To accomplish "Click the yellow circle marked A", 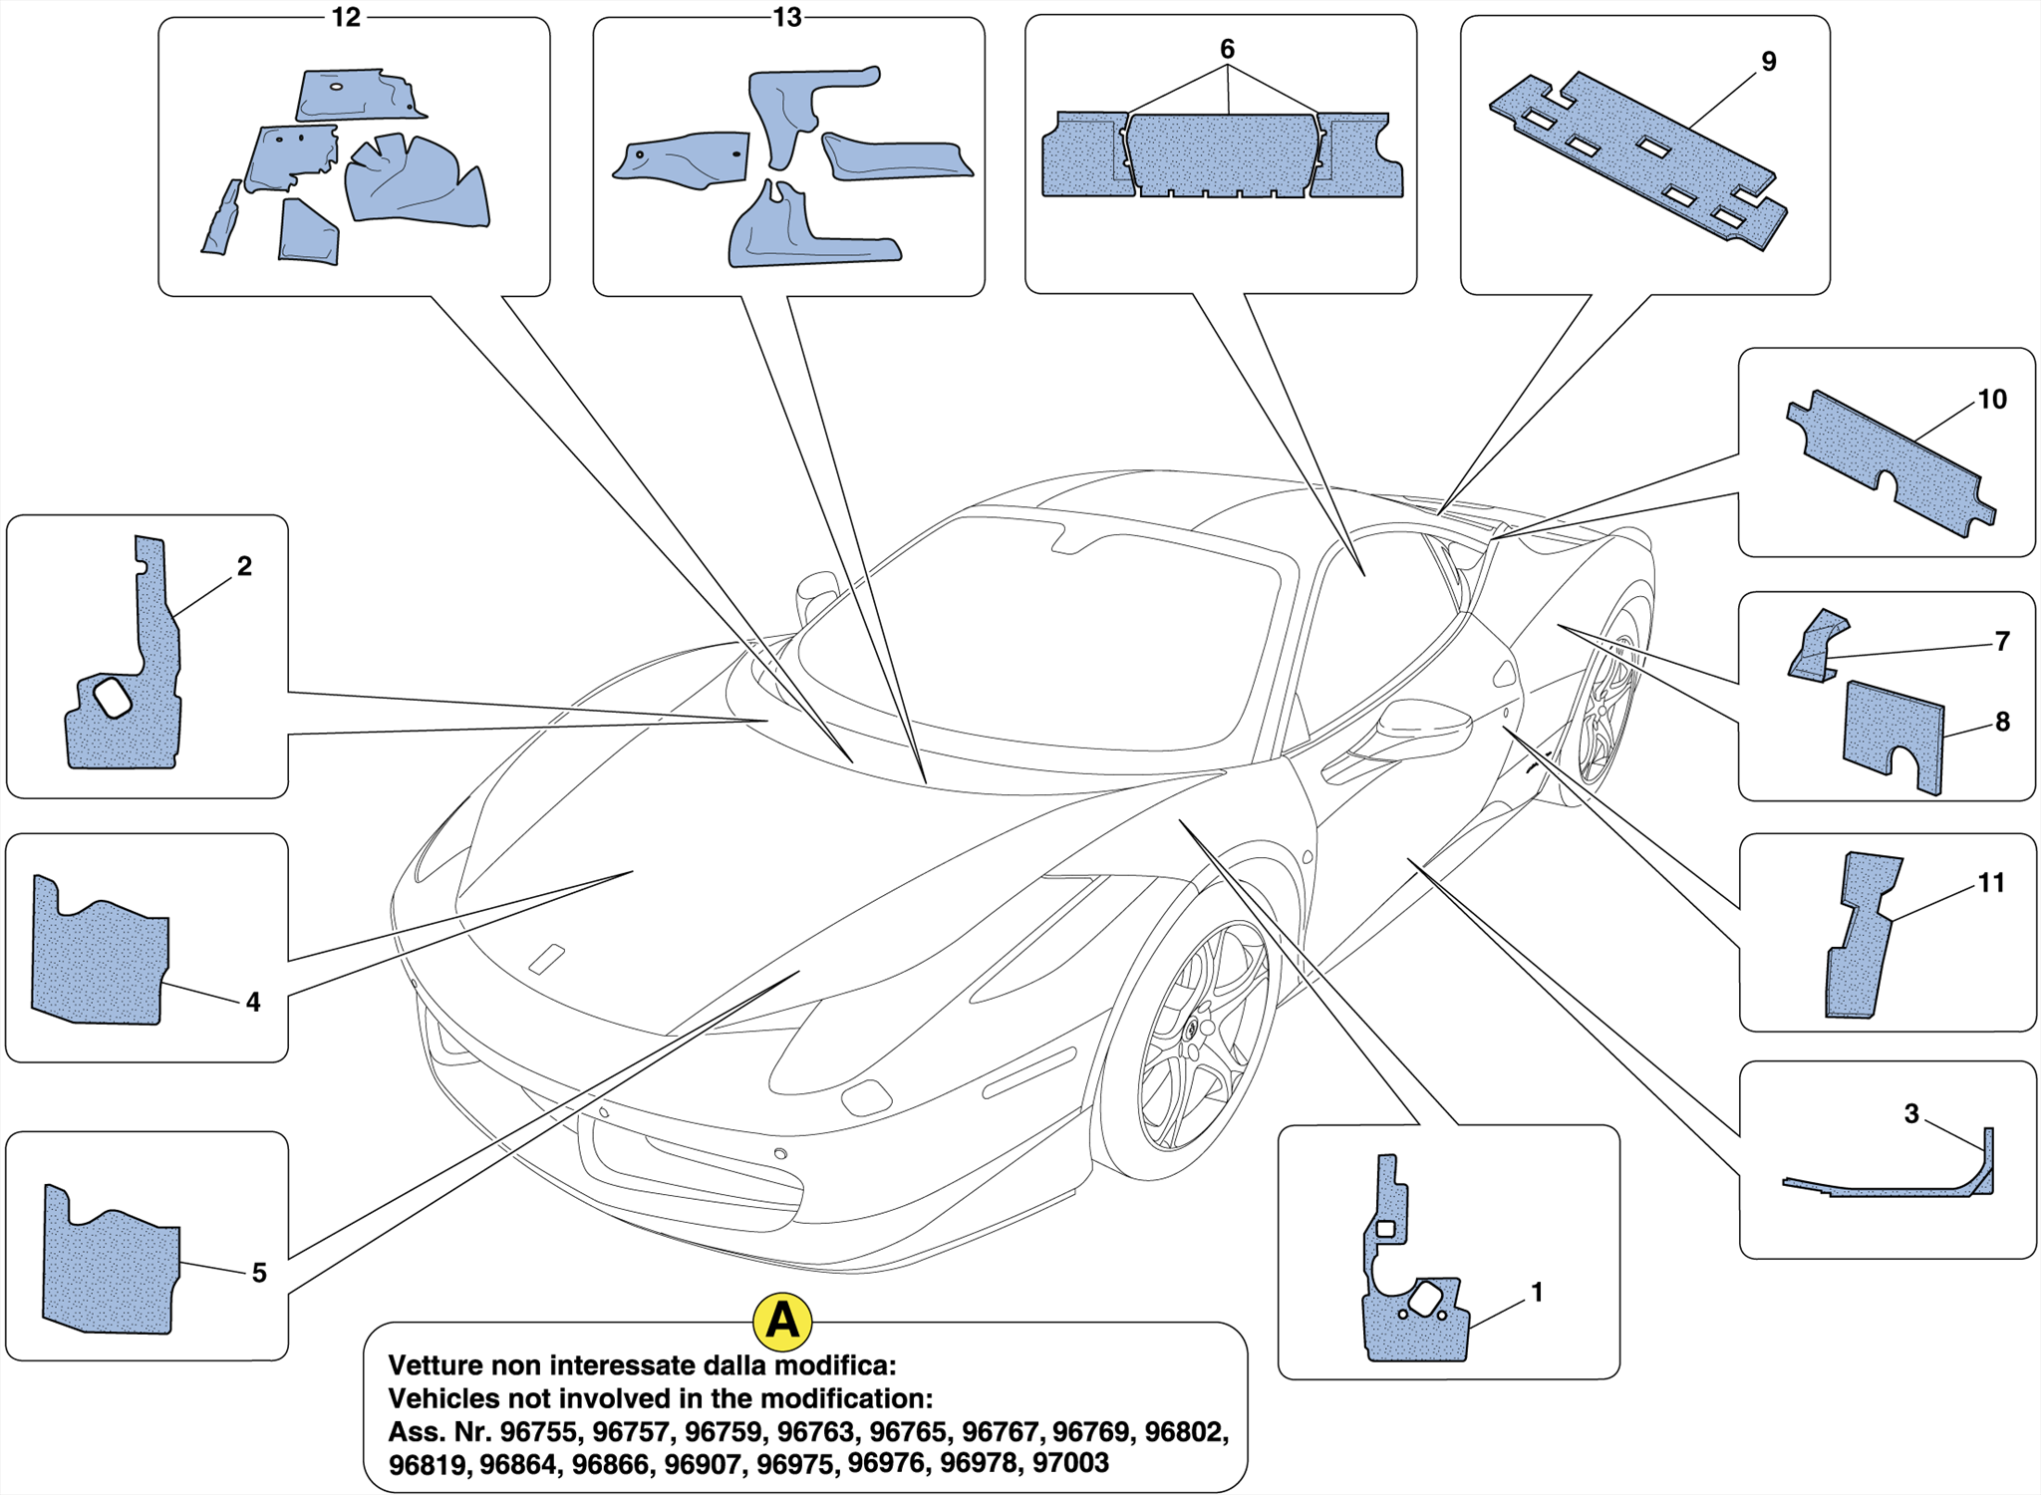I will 782,1322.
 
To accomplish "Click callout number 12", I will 346,18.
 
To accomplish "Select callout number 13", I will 787,18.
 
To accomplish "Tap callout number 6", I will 1227,49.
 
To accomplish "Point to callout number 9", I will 1769,62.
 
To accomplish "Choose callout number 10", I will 1991,400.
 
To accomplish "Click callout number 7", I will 2002,641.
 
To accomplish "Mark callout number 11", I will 1990,883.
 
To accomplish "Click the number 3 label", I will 1910,1113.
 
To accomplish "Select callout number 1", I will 1537,1293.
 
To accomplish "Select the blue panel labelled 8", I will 1894,733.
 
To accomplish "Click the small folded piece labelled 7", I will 1816,648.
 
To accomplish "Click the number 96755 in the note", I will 537,1432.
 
